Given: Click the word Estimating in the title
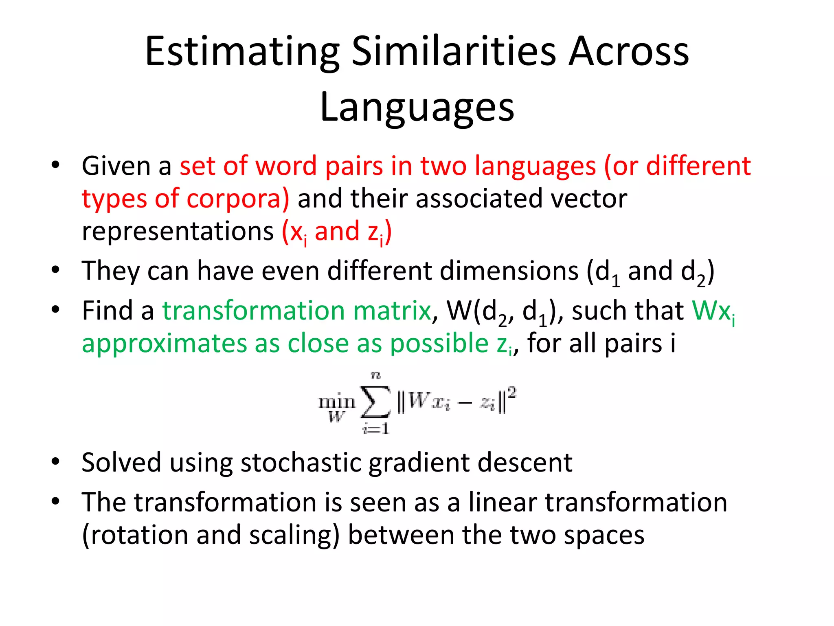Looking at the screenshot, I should [242, 52].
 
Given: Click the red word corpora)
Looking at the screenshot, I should [238, 199].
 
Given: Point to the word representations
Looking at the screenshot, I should [178, 231].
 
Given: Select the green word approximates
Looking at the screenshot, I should [164, 344].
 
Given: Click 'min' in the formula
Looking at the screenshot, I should [336, 402].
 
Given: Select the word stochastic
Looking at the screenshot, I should [301, 463].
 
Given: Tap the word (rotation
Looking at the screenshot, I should [135, 535].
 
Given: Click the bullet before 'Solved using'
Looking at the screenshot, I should [56, 461].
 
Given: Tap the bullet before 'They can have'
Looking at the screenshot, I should [56, 270].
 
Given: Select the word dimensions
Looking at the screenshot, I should [452, 271].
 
